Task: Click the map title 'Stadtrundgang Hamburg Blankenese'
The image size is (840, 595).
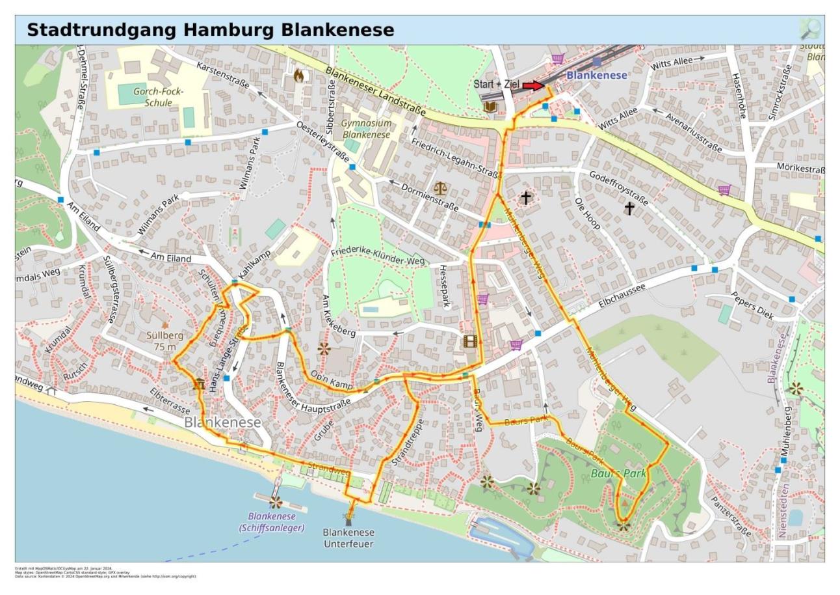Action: [210, 30]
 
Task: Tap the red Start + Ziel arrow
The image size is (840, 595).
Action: [533, 86]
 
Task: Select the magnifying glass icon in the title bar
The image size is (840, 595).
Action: [810, 29]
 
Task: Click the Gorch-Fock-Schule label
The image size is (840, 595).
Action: [159, 97]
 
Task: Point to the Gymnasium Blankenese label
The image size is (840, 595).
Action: [366, 129]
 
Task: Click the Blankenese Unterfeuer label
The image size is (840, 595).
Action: [348, 538]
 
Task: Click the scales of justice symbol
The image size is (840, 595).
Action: [440, 189]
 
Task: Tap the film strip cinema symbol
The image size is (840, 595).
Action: [471, 341]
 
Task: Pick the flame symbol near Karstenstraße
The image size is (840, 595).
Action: [298, 76]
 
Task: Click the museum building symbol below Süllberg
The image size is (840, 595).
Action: [199, 384]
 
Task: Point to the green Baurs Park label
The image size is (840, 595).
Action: [618, 473]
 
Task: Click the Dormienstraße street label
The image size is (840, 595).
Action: [429, 197]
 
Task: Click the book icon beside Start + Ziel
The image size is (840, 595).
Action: [490, 106]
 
